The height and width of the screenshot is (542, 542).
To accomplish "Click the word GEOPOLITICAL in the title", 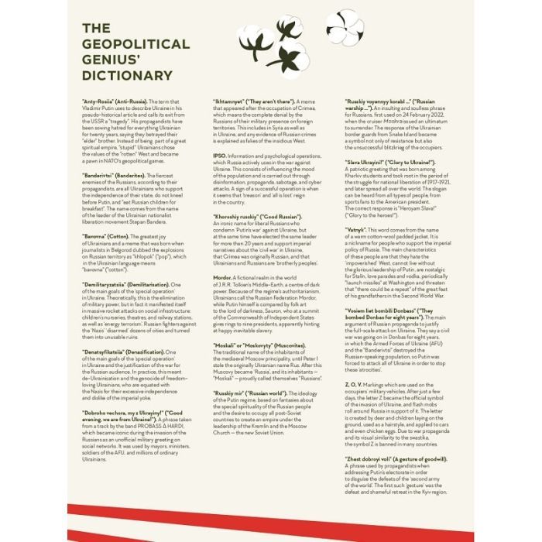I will tap(135, 44).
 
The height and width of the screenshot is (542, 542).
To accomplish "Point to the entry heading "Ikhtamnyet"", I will tap(233, 101).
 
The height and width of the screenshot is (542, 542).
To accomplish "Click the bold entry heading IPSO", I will tap(219, 156).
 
